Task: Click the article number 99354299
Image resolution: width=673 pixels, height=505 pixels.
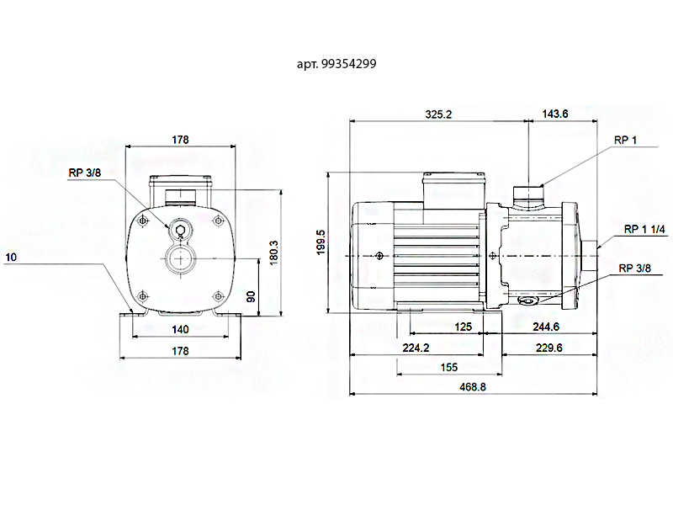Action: click(x=348, y=64)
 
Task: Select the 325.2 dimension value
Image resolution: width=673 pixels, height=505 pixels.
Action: click(x=438, y=114)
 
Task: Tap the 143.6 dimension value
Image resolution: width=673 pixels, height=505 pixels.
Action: click(x=555, y=114)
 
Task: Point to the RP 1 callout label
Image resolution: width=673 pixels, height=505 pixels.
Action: click(x=625, y=140)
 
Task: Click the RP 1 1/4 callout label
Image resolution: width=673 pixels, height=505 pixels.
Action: click(x=644, y=229)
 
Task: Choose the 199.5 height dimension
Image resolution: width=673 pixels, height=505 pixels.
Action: click(x=321, y=242)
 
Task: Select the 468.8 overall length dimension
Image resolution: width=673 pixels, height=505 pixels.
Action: click(x=473, y=387)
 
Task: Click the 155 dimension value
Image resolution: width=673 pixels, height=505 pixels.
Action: click(x=449, y=367)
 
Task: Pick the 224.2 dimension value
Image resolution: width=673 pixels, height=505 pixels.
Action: click(x=416, y=348)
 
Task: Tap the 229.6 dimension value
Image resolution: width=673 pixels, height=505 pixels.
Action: click(x=549, y=348)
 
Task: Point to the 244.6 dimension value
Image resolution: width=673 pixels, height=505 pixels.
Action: click(x=546, y=327)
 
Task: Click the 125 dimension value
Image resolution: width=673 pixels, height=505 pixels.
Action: click(x=464, y=327)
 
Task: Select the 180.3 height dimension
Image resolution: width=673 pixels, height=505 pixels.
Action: click(x=274, y=252)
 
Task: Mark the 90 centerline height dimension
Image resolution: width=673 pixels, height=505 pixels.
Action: click(x=251, y=296)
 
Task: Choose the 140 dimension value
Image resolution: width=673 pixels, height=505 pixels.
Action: click(x=180, y=329)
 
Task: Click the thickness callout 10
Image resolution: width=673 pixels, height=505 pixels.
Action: click(x=11, y=258)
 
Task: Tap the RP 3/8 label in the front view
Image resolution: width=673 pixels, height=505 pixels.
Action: click(x=85, y=173)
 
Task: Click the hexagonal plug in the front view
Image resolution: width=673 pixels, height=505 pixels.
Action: click(x=181, y=230)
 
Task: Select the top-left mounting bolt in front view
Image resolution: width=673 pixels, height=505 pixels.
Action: click(x=143, y=221)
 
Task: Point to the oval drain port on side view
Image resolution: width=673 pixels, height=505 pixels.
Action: click(x=527, y=300)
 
